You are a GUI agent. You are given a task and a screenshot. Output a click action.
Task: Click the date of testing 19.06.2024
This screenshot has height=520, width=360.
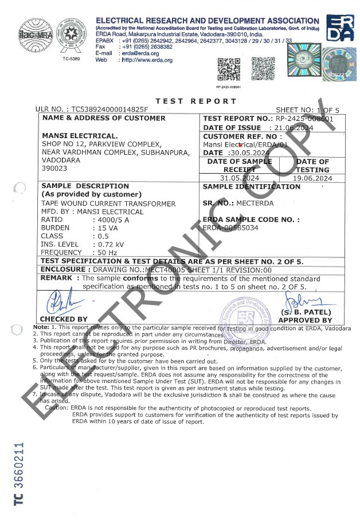312,178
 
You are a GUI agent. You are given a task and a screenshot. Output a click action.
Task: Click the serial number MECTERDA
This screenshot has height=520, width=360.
255,203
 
